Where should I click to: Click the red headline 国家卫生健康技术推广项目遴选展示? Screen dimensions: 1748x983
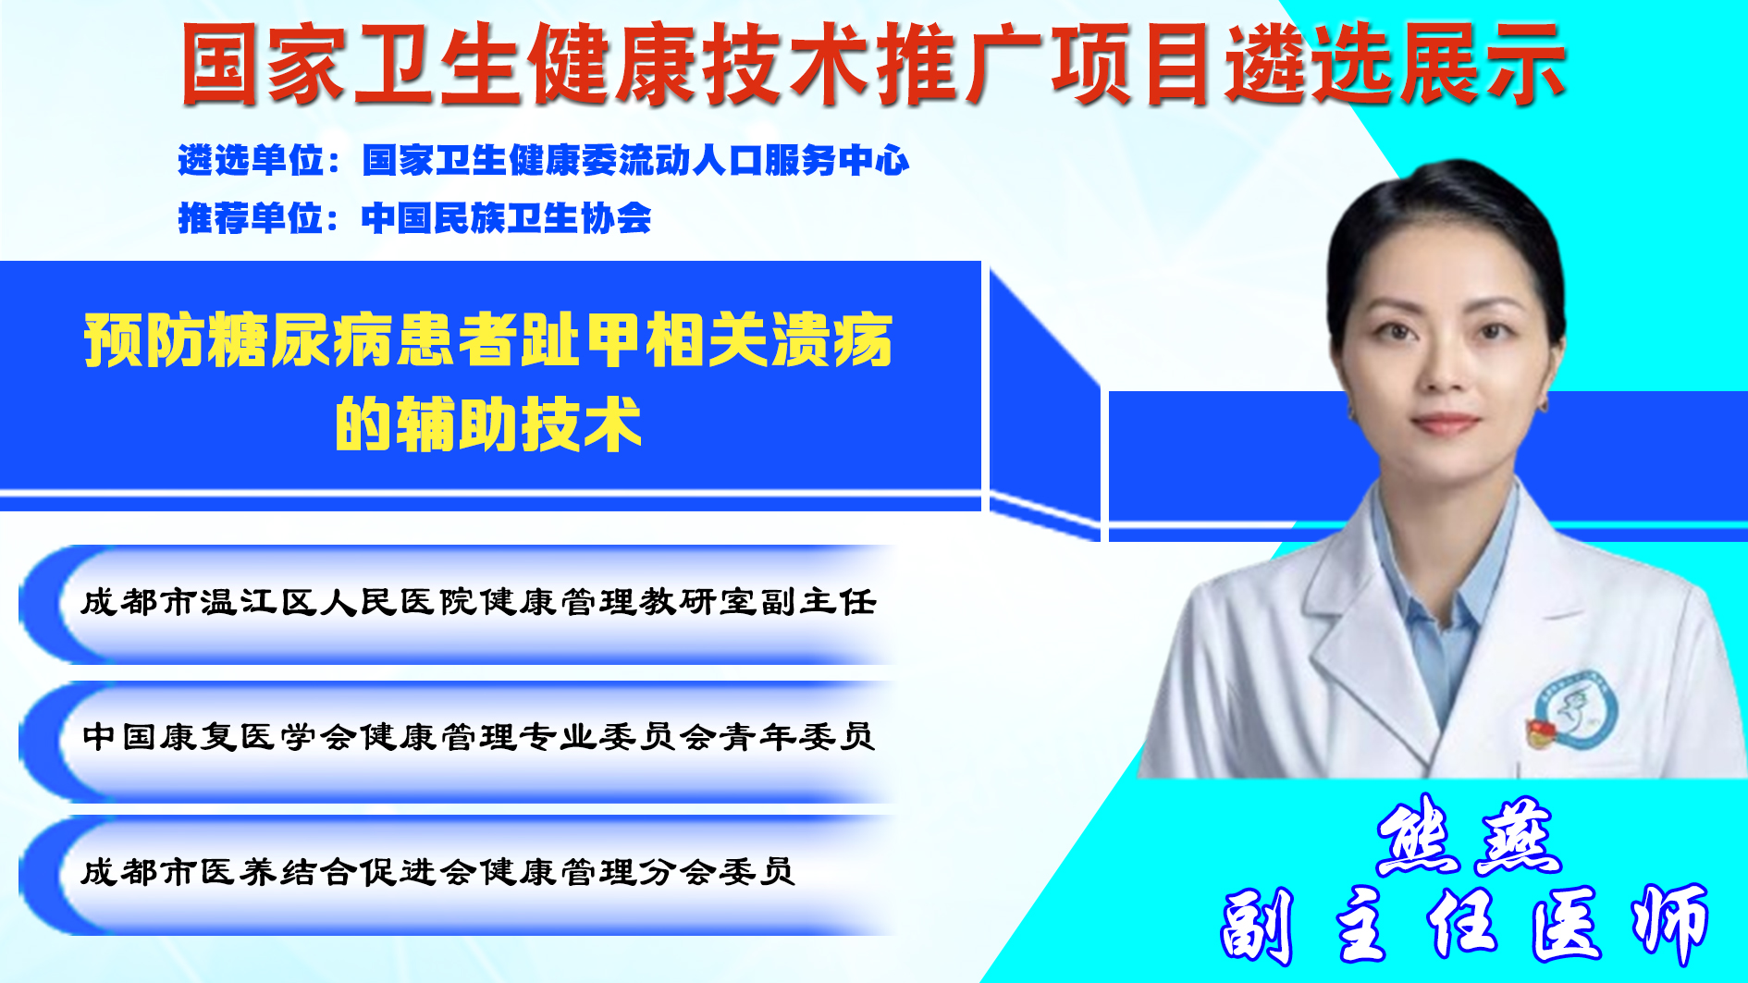(x=873, y=65)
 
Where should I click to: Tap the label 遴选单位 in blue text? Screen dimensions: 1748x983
(x=251, y=161)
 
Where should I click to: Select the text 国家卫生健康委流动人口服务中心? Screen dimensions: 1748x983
(x=635, y=161)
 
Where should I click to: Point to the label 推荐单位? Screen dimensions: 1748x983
(x=251, y=218)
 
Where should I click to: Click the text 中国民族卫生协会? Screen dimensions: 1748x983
(x=506, y=218)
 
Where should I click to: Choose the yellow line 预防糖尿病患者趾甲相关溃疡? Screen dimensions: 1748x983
(x=488, y=340)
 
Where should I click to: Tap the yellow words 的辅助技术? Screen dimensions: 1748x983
(x=488, y=424)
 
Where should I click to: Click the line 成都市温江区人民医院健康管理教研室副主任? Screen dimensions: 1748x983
(x=478, y=602)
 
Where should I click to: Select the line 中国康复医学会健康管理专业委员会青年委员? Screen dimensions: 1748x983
(x=478, y=736)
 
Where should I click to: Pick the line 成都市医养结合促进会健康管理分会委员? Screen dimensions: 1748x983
(x=437, y=871)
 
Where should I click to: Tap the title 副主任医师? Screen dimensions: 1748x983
(x=1464, y=925)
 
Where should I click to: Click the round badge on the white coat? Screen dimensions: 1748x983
(x=1575, y=709)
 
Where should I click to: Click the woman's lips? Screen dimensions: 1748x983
(x=1445, y=424)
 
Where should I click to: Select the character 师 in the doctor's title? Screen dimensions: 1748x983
(x=1670, y=925)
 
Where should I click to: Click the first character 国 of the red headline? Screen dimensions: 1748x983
(x=219, y=65)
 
